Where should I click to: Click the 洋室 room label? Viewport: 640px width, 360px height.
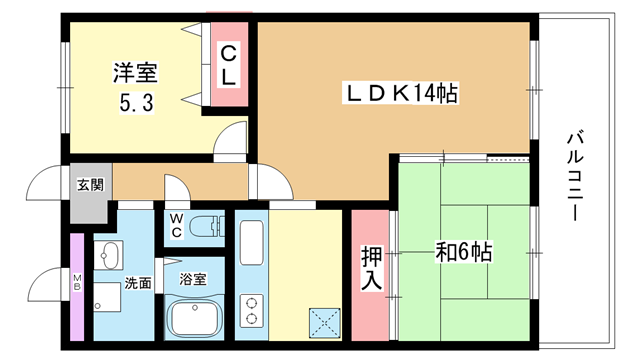(135, 73)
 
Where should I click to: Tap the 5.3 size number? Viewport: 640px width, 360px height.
(136, 102)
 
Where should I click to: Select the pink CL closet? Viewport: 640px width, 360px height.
(229, 64)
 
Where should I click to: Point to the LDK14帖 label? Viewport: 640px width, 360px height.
(400, 93)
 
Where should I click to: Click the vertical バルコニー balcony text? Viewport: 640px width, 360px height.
(575, 176)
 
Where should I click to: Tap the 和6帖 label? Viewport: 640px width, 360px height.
(464, 252)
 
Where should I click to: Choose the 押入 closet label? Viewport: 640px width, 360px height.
(371, 268)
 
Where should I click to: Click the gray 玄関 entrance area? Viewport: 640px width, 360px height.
(91, 193)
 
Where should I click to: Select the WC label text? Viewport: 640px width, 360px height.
(176, 225)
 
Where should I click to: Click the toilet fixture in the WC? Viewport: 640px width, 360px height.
(207, 227)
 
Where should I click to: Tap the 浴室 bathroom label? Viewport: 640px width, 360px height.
(193, 279)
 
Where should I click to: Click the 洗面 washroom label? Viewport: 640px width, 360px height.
(138, 283)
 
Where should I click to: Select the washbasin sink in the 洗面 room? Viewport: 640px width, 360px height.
(108, 255)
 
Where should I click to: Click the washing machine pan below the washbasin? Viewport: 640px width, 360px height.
(107, 297)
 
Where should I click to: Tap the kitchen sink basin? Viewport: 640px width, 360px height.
(251, 243)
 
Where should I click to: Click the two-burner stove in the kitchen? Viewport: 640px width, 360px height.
(251, 310)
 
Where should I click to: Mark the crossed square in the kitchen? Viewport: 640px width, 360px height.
(325, 323)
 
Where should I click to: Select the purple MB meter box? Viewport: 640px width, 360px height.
(77, 287)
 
